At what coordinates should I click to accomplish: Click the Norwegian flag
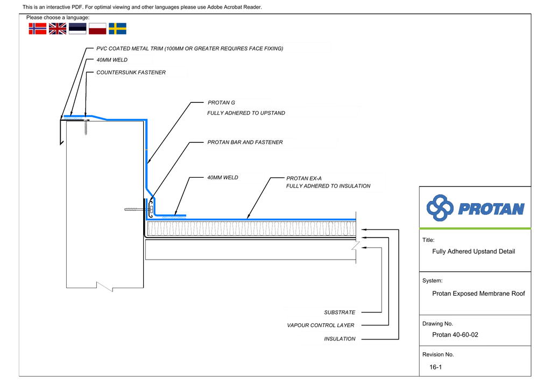pyautogui.click(x=38, y=29)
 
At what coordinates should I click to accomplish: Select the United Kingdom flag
pyautogui.click(x=58, y=29)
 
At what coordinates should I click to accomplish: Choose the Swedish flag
pyautogui.click(x=117, y=29)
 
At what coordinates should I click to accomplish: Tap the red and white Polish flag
pyautogui.click(x=97, y=29)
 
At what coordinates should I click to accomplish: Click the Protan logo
pyautogui.click(x=475, y=208)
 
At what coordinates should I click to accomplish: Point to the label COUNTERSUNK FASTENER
pyautogui.click(x=131, y=72)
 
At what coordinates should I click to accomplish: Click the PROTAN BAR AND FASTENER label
pyautogui.click(x=245, y=142)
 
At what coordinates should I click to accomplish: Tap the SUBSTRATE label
pyautogui.click(x=340, y=312)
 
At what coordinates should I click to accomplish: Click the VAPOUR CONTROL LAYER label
pyautogui.click(x=321, y=325)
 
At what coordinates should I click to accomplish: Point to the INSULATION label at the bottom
pyautogui.click(x=340, y=339)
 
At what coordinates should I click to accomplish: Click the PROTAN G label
pyautogui.click(x=221, y=102)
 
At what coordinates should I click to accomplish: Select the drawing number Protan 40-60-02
pyautogui.click(x=455, y=335)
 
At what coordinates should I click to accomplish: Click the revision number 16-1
pyautogui.click(x=435, y=367)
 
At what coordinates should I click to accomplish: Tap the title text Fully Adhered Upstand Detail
pyautogui.click(x=474, y=252)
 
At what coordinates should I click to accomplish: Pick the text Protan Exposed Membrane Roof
pyautogui.click(x=478, y=294)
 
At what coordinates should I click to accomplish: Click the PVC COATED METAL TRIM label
pyautogui.click(x=189, y=48)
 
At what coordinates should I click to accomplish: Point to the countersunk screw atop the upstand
pyautogui.click(x=86, y=127)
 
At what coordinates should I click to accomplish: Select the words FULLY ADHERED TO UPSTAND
pyautogui.click(x=246, y=113)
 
